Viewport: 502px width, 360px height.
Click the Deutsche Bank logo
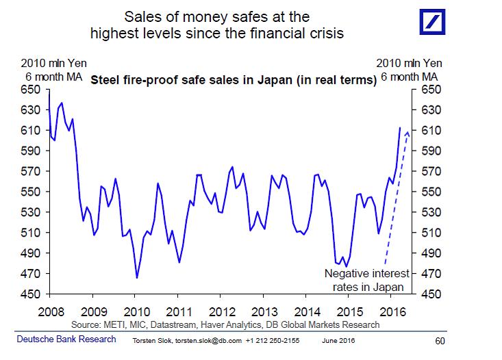(432, 22)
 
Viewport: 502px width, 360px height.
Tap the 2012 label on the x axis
(222, 311)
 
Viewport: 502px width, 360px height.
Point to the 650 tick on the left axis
(31, 90)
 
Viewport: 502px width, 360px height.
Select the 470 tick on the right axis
(431, 274)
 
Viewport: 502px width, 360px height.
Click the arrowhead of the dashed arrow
(407, 133)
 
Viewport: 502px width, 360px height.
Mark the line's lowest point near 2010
(137, 278)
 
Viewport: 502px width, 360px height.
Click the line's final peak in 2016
(400, 128)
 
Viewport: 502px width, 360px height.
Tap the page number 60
(440, 341)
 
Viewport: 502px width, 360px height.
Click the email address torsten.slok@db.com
(208, 341)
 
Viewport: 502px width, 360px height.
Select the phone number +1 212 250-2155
(273, 341)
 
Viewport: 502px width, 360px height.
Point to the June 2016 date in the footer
(338, 341)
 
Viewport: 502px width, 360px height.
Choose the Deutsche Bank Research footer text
(66, 339)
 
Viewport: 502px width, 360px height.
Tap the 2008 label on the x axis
(51, 311)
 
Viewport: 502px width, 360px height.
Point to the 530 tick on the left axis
(31, 212)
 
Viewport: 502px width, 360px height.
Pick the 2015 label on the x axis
(349, 311)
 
